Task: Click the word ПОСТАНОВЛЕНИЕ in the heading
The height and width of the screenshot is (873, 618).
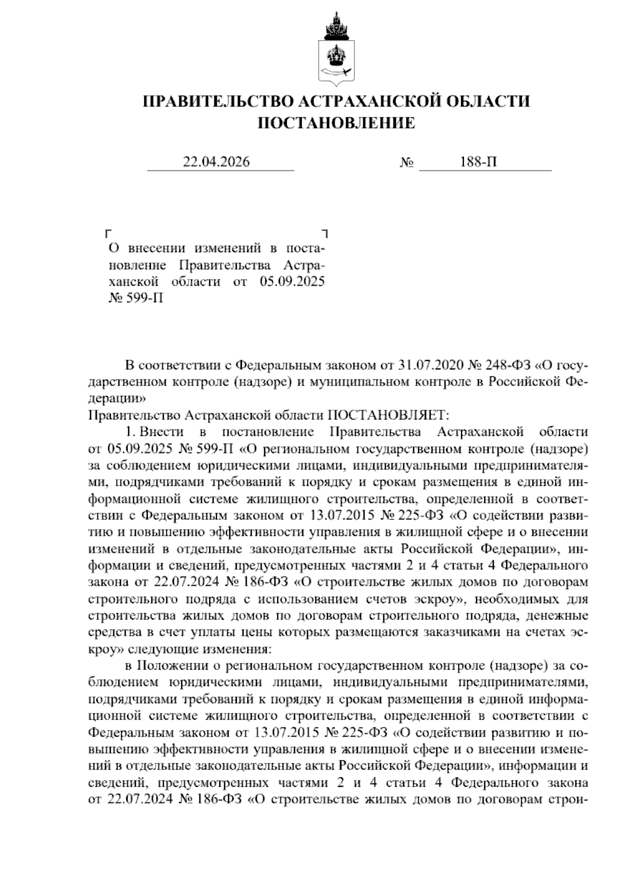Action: tap(336, 123)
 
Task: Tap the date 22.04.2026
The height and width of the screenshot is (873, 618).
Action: tap(216, 162)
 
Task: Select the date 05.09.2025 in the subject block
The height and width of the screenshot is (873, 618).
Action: tap(289, 282)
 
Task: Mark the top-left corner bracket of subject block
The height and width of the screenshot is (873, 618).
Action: tap(108, 233)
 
